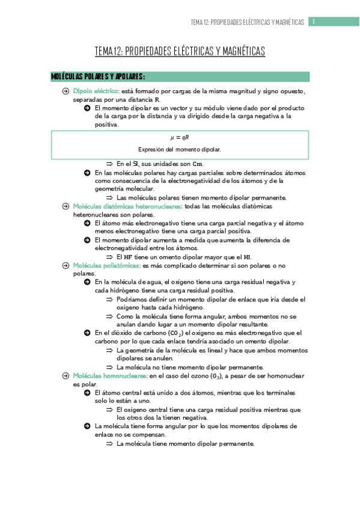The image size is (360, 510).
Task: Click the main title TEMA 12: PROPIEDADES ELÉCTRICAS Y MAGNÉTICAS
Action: point(180,52)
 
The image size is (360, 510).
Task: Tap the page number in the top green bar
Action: point(314,22)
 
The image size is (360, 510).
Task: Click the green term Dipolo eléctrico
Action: point(96,91)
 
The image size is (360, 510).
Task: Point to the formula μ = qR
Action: point(180,138)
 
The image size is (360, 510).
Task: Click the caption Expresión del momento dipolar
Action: point(180,149)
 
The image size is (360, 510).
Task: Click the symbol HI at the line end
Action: point(246,256)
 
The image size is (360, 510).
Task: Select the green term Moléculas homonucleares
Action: point(110,375)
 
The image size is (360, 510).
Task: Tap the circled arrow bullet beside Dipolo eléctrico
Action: point(66,91)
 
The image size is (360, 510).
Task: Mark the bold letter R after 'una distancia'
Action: point(157,99)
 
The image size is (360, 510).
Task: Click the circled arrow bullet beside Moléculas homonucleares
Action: point(66,375)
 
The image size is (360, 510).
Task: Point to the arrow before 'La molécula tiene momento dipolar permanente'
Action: point(109,444)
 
